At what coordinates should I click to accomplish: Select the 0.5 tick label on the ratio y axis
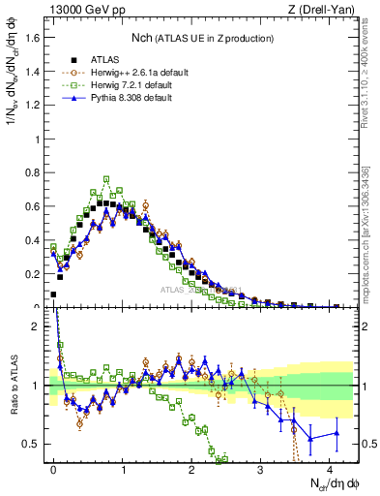coord(36,444)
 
